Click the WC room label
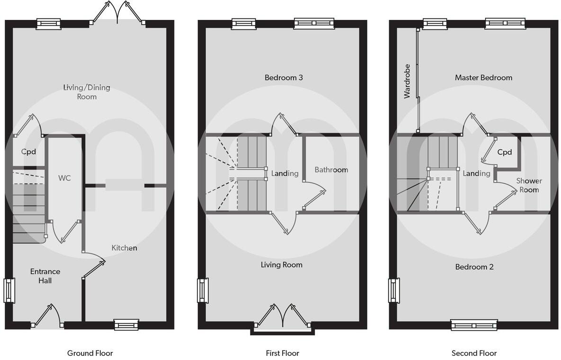point(64,178)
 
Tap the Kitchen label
point(124,248)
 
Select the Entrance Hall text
point(45,276)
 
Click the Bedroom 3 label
point(284,78)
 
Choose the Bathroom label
point(331,170)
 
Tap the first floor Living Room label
point(281,265)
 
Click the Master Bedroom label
point(483,78)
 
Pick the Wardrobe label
point(407,81)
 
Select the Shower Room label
point(529,185)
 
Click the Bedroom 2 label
point(474,267)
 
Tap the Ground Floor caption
point(90,353)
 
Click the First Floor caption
point(282,353)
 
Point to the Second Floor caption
point(474,353)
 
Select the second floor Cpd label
point(505,153)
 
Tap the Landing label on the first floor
point(285,173)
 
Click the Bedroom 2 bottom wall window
point(474,325)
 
